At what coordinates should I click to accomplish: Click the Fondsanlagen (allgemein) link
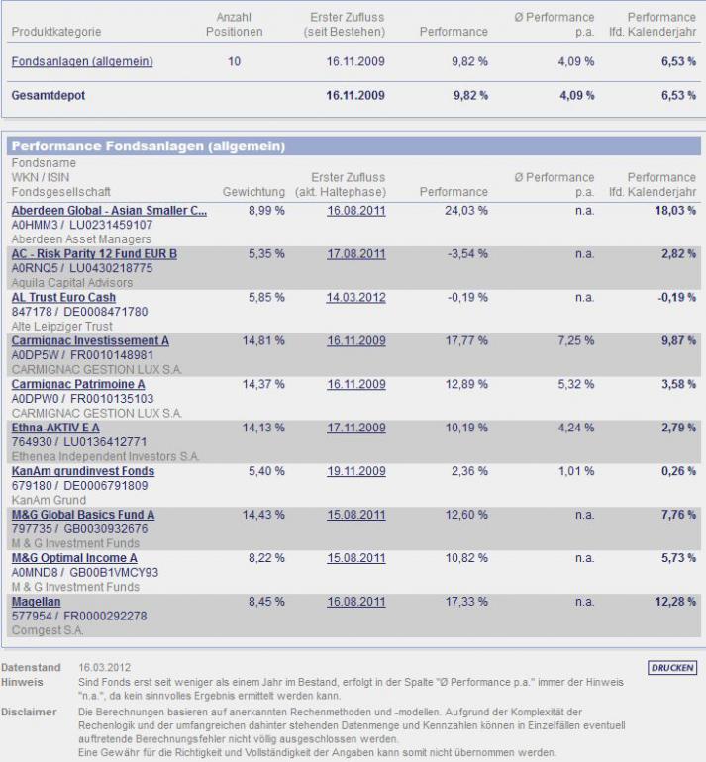pyautogui.click(x=82, y=61)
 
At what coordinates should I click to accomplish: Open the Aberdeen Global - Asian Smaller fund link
pyautogui.click(x=109, y=211)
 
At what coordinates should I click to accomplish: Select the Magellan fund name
pyautogui.click(x=37, y=602)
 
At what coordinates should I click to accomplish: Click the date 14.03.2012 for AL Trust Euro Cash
pyautogui.click(x=355, y=298)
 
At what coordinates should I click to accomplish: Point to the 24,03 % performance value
pyautogui.click(x=467, y=211)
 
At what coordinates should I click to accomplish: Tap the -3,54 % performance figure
pyautogui.click(x=468, y=254)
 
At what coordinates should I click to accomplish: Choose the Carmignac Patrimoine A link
pyautogui.click(x=78, y=385)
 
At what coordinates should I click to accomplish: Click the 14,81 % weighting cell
pyautogui.click(x=263, y=341)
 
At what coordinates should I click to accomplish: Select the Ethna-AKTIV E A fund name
pyautogui.click(x=55, y=429)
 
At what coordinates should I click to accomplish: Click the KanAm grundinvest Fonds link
pyautogui.click(x=83, y=472)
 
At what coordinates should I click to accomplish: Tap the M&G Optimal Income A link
pyautogui.click(x=74, y=559)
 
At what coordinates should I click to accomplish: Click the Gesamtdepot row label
pyautogui.click(x=49, y=96)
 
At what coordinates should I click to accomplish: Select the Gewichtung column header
pyautogui.click(x=253, y=192)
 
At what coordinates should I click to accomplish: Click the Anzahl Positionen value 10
pyautogui.click(x=234, y=61)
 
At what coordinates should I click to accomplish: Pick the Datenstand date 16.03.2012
pyautogui.click(x=105, y=667)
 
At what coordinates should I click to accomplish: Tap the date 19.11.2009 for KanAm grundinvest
pyautogui.click(x=355, y=472)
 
